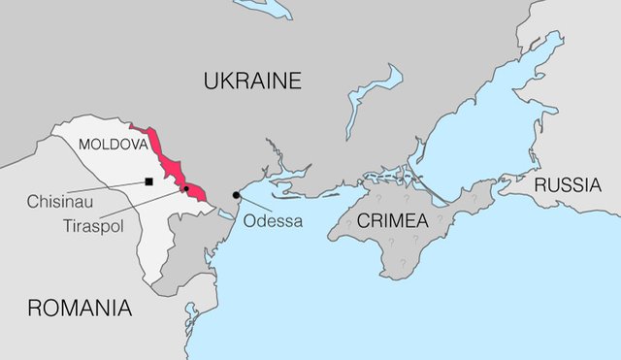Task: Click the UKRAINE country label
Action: [252, 82]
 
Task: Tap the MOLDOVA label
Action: [113, 145]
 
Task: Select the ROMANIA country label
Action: [79, 309]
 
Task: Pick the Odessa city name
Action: [274, 221]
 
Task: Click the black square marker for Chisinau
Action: [148, 181]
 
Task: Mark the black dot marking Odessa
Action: [236, 196]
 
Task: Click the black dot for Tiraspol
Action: [186, 190]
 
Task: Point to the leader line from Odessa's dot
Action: [253, 206]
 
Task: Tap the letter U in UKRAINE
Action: [212, 82]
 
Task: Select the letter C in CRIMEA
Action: [364, 220]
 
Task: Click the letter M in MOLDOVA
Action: [83, 145]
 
